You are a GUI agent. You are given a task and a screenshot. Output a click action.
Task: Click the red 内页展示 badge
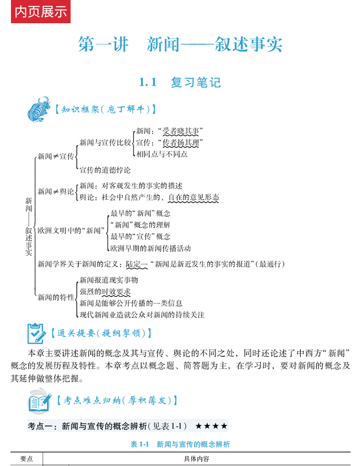tap(41, 12)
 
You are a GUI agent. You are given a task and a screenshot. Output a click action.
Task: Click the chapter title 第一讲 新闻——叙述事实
tap(180, 45)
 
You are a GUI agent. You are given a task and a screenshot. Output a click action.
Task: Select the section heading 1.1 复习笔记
tap(180, 82)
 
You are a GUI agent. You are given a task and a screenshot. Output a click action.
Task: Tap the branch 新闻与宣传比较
tap(105, 143)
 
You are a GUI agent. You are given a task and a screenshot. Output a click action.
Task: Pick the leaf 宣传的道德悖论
tap(105, 170)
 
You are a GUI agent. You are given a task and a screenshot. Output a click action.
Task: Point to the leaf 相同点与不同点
tap(162, 154)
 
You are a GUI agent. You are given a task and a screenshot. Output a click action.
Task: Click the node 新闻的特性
tap(56, 297)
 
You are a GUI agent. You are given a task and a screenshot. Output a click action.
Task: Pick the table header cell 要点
tap(26, 459)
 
